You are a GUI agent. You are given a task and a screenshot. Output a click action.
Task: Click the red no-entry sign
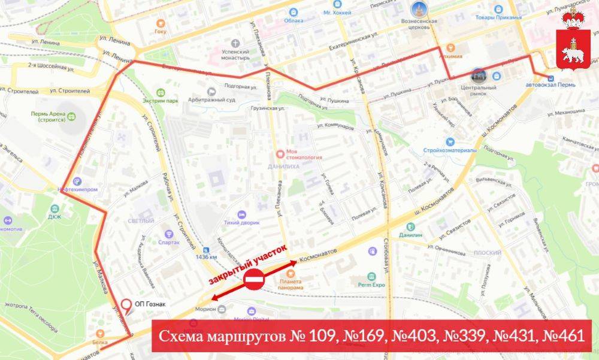coord(254,280)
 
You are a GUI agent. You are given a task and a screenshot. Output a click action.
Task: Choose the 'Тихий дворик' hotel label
coord(243,222)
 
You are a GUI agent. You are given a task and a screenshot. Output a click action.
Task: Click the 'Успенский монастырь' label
coord(223,55)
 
